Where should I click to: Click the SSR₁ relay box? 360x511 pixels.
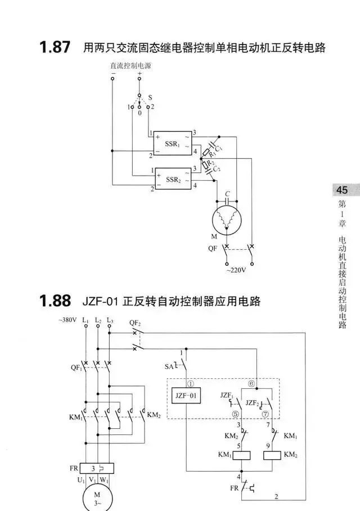[173, 144]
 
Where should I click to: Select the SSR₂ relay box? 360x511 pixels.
[173, 179]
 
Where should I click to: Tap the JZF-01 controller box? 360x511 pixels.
[187, 396]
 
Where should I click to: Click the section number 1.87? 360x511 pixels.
[55, 47]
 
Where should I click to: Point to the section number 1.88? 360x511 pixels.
[55, 301]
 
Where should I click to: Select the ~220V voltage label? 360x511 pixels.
[237, 270]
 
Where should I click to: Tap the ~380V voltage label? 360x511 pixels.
[67, 321]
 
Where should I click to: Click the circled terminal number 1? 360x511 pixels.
[190, 383]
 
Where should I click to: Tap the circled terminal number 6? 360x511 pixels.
[251, 383]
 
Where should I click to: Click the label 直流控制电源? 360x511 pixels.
[130, 66]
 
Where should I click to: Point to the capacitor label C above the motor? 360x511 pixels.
[227, 194]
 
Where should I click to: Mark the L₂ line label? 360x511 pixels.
[98, 321]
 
